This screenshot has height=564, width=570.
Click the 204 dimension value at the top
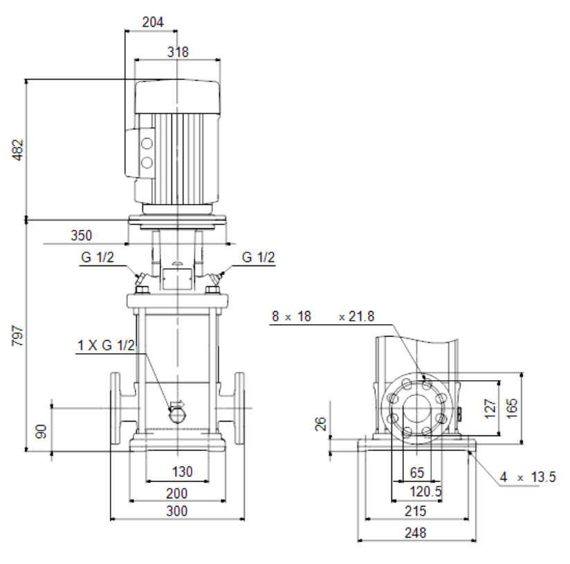tap(153, 22)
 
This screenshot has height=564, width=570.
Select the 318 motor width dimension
tap(178, 52)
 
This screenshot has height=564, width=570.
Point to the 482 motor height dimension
tap(18, 149)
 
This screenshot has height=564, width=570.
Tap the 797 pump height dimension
tap(18, 336)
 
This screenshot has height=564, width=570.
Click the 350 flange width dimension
tap(82, 235)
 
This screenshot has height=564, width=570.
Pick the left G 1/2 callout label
tap(98, 257)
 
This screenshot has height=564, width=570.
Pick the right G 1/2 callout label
tap(259, 257)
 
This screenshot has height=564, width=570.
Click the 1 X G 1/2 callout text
tap(106, 345)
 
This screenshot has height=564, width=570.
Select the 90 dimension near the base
tap(42, 431)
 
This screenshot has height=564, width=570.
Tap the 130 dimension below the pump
tap(182, 472)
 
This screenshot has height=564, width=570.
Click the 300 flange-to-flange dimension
tap(177, 511)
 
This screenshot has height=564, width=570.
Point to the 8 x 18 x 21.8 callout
tap(323, 317)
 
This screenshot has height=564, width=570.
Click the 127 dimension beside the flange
tap(490, 408)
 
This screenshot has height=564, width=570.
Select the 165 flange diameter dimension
tap(511, 408)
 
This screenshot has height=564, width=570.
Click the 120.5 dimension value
tap(425, 491)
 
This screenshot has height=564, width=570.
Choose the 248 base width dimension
tap(416, 533)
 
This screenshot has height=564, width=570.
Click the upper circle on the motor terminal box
tap(147, 144)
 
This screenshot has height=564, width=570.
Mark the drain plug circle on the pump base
tap(177, 416)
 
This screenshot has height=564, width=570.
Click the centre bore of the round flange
tap(416, 408)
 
